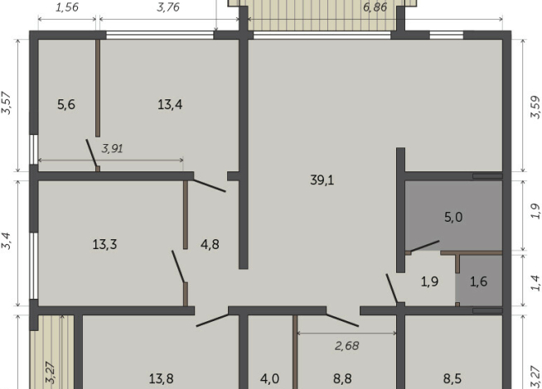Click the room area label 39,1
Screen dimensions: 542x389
coord(322,180)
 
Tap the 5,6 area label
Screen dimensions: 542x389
coord(66,104)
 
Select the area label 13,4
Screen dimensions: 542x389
coord(170,104)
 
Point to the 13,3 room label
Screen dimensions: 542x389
coord(104,244)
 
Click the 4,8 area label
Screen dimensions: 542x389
coord(210,244)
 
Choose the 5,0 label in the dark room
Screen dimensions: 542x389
coord(453,217)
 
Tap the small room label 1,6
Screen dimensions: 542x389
coord(479,281)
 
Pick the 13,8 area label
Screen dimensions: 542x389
coord(161,378)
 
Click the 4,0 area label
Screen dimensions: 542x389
coord(269,378)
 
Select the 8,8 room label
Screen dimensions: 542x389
coord(342,378)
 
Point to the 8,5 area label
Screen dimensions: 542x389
coord(452,378)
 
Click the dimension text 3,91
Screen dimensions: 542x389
coord(113,149)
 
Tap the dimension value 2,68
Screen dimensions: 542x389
coord(346,345)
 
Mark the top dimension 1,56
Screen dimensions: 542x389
coord(67,7)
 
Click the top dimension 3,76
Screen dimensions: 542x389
coord(168,7)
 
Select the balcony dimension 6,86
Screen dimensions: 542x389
coord(375,7)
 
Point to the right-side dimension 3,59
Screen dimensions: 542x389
coord(535,107)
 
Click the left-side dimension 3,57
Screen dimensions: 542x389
coord(7,103)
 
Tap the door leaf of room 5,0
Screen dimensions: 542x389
coord(425,246)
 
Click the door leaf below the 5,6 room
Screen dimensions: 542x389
coord(91,153)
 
